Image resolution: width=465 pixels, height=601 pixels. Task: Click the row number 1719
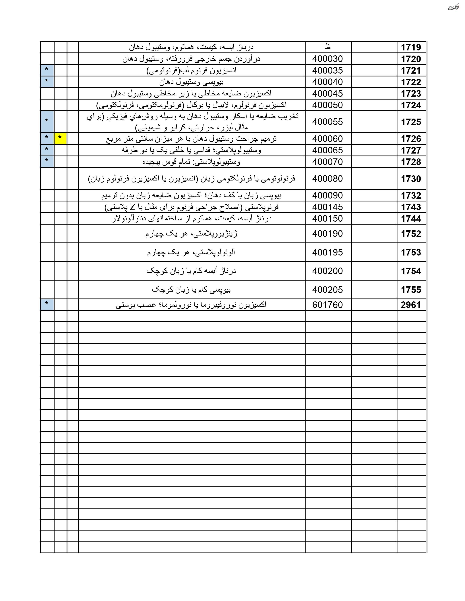[411, 47]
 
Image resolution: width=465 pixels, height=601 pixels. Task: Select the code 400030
[327, 59]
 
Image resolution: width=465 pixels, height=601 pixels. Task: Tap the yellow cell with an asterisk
[60, 138]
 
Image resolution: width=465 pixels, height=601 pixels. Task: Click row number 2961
[411, 305]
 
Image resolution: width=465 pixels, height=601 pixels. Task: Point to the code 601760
[327, 305]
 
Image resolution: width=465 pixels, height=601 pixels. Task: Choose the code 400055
[327, 122]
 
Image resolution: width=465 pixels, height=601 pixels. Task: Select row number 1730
[411, 179]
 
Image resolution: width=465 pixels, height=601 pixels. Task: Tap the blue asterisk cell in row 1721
[47, 70]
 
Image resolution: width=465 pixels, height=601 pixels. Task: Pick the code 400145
[327, 207]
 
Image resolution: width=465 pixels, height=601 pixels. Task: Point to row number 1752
[411, 234]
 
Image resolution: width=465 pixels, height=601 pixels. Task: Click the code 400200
[327, 271]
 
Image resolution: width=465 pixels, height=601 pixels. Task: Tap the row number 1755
[411, 290]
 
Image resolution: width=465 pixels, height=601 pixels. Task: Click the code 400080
[327, 179]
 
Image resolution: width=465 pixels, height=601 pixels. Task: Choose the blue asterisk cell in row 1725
[47, 122]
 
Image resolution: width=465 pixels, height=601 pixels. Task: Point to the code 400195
[327, 252]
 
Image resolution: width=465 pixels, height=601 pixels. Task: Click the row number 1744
[411, 219]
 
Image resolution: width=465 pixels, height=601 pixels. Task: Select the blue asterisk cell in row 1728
[47, 162]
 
